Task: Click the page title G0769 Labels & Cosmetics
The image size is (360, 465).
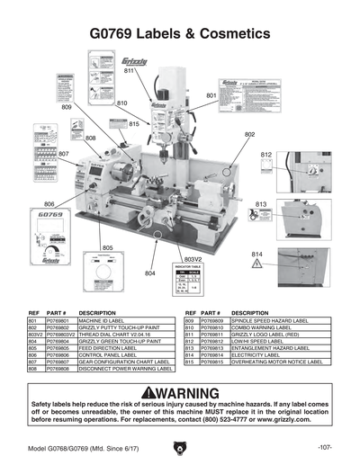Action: [x=180, y=33]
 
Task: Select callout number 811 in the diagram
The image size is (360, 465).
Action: [x=129, y=70]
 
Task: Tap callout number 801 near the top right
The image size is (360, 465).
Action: [x=211, y=94]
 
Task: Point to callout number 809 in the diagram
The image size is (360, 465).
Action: [x=67, y=106]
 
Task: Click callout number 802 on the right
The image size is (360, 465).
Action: [x=250, y=134]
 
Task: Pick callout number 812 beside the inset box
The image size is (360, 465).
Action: [x=266, y=155]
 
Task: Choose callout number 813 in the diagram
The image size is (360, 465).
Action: [x=261, y=204]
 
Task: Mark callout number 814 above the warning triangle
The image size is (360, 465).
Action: [x=256, y=253]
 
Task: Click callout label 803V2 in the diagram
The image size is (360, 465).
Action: [x=183, y=258]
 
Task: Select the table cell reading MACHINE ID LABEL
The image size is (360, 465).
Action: [x=101, y=320]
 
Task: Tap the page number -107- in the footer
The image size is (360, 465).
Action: [x=326, y=447]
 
